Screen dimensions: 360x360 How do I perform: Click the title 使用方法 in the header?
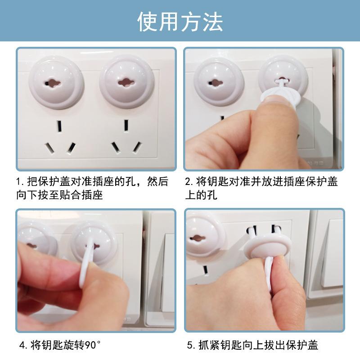[180, 21]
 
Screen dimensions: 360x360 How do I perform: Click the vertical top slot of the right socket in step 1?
[126, 126]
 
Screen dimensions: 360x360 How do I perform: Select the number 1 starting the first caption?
[19, 182]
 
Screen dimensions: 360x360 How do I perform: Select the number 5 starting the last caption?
[190, 346]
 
